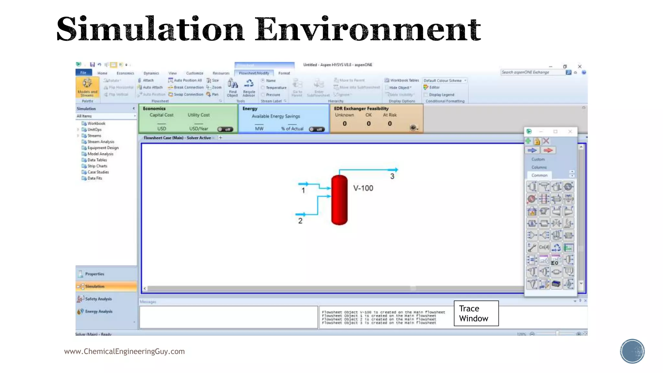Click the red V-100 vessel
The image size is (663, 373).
(339, 200)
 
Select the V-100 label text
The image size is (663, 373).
(363, 188)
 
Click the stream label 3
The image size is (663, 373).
(392, 176)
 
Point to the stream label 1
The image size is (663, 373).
(303, 190)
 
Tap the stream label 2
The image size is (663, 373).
(300, 221)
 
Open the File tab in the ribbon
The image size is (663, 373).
(84, 73)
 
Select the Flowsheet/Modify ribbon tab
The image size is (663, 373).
(254, 73)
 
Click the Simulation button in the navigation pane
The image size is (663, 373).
(95, 286)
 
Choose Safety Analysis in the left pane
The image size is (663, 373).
(98, 299)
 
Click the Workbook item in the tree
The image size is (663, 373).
(96, 123)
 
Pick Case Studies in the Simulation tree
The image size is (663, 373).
(98, 172)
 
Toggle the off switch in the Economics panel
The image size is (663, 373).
(225, 129)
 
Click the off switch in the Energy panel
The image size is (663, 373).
(317, 129)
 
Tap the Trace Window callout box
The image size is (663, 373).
(476, 313)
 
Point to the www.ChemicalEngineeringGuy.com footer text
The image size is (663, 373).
(124, 351)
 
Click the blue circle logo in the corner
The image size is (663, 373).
(632, 351)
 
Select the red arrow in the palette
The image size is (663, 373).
(548, 150)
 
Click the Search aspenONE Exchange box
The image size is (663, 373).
(532, 73)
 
